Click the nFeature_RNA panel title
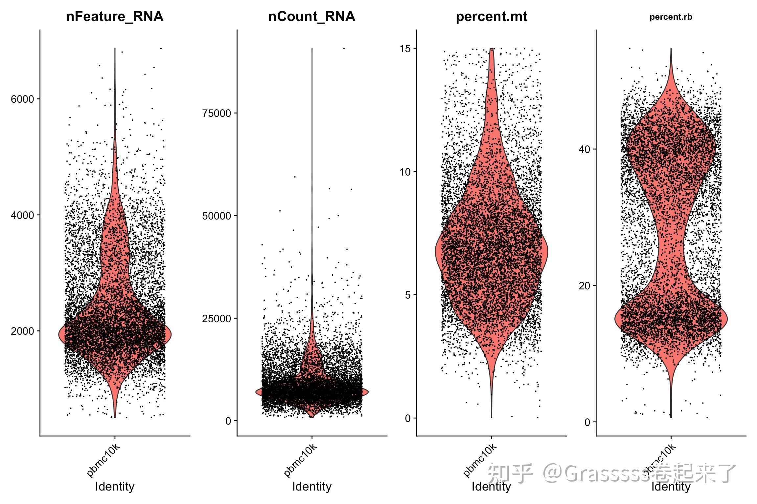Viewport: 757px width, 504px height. coord(115,16)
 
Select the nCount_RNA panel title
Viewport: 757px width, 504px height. coord(311,16)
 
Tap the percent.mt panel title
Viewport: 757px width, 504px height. coord(491,16)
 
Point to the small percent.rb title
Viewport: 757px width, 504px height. coord(671,17)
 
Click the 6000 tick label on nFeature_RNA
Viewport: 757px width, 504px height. coord(23,99)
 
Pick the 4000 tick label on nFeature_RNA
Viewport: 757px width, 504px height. coord(23,215)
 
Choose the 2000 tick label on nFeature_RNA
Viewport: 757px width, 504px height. coord(23,331)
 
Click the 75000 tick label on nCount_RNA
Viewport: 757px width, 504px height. coord(217,113)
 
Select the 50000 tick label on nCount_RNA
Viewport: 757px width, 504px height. coord(217,216)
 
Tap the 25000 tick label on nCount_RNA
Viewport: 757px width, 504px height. coord(217,319)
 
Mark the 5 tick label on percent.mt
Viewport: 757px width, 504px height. coord(408,295)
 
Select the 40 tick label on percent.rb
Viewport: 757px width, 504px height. coord(585,149)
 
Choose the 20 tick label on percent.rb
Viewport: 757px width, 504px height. coord(585,286)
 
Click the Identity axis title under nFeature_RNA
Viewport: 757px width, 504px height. coord(115,486)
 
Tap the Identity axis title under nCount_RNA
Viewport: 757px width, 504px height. coord(312,486)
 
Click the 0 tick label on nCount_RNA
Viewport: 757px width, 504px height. coord(228,421)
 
